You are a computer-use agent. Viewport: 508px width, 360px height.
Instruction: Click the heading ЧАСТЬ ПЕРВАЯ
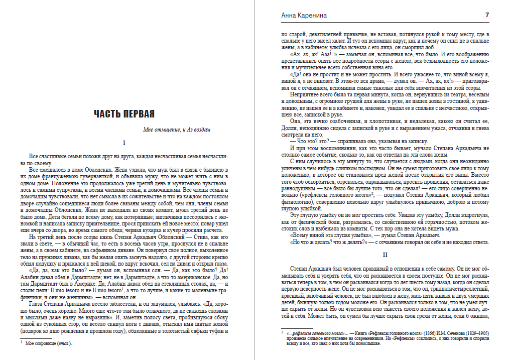pyautogui.click(x=124, y=114)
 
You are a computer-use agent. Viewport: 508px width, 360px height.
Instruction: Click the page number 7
pyautogui.click(x=487, y=16)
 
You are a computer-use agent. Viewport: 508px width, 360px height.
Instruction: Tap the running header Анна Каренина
pyautogui.click(x=304, y=16)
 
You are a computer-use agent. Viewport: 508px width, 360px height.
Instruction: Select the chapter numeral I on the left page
pyautogui.click(x=124, y=143)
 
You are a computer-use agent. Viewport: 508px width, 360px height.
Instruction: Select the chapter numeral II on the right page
pyautogui.click(x=384, y=255)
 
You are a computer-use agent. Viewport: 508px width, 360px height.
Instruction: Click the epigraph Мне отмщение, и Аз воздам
pyautogui.click(x=176, y=130)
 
